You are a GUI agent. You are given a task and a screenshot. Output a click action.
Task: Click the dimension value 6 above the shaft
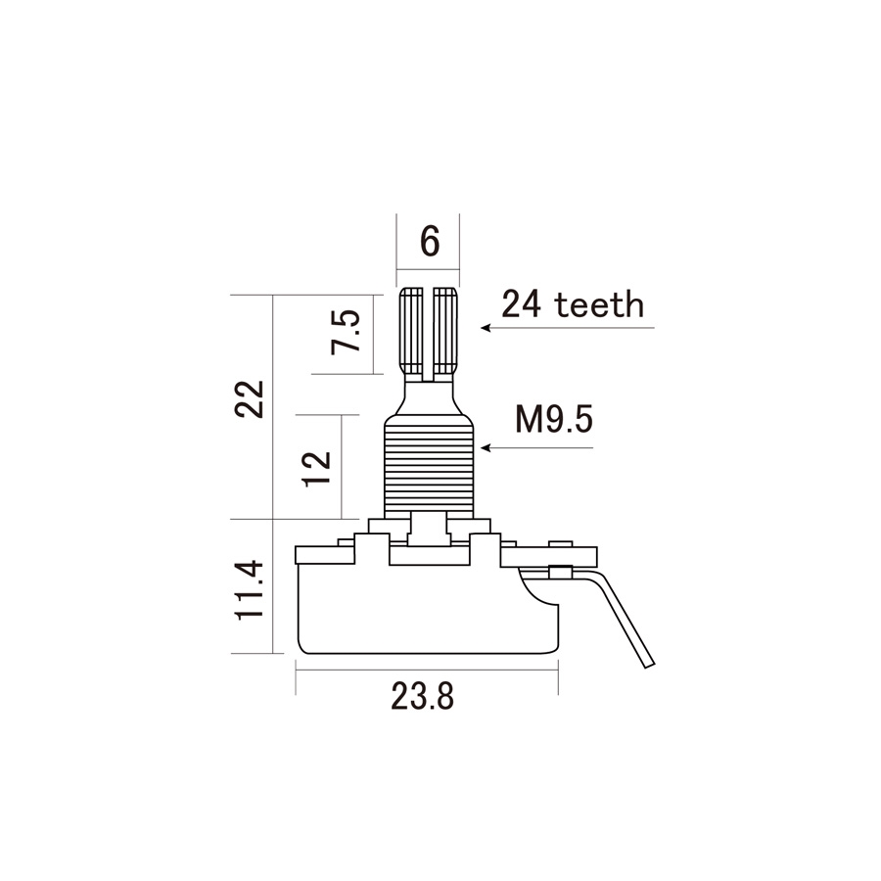pyautogui.click(x=430, y=242)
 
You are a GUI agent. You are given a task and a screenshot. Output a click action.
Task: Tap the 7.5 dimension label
pyautogui.click(x=345, y=332)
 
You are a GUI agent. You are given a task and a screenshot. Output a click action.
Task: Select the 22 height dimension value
pyautogui.click(x=250, y=399)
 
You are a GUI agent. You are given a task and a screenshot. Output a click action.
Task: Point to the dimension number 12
pyautogui.click(x=317, y=468)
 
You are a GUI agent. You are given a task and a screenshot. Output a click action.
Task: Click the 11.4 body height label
pyautogui.click(x=250, y=589)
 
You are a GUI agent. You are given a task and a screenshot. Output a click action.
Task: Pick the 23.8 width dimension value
pyautogui.click(x=423, y=697)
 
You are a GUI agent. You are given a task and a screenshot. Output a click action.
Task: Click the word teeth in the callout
pyautogui.click(x=599, y=305)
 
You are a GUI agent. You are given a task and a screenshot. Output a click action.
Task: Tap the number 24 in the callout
pyautogui.click(x=522, y=304)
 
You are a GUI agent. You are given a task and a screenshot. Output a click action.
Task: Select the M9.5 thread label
pyautogui.click(x=554, y=420)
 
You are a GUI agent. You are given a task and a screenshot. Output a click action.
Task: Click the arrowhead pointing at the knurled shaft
pyautogui.click(x=486, y=328)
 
